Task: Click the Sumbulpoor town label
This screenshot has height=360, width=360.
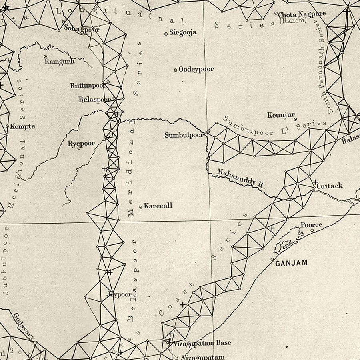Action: click(184, 135)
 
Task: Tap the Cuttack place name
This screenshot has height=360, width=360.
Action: click(330, 186)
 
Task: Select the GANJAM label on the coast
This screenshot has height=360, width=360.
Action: click(292, 263)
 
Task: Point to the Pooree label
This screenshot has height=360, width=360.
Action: click(311, 225)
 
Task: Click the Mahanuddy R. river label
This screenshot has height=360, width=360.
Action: click(241, 178)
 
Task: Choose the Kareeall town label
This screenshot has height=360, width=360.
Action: click(158, 206)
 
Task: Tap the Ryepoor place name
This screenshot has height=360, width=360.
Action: click(81, 144)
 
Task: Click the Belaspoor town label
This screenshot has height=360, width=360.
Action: click(95, 100)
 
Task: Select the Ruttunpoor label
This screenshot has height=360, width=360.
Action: click(88, 85)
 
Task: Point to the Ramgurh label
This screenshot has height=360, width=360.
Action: click(60, 62)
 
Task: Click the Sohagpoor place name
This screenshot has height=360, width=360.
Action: click(81, 29)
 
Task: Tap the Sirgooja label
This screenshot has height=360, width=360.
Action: click(183, 33)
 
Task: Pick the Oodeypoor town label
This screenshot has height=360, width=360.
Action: click(196, 69)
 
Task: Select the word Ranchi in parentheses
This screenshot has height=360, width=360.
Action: click(297, 21)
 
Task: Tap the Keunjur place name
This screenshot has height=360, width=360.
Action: click(281, 115)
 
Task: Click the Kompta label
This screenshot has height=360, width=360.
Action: click(22, 126)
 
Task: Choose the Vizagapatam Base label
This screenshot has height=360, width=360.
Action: click(202, 343)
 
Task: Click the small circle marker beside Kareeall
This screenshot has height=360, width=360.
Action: click(141, 207)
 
